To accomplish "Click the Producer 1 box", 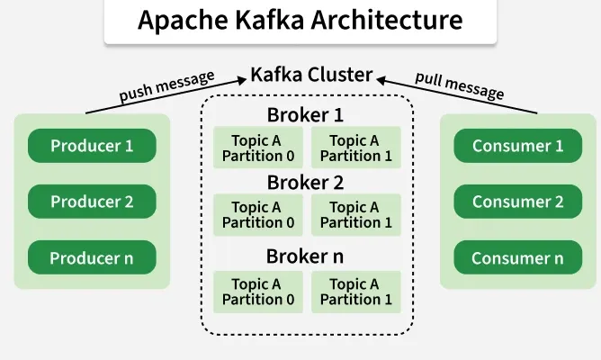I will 92,146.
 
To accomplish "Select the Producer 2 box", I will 92,202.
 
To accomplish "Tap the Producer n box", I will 92,258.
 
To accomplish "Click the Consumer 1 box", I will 517,146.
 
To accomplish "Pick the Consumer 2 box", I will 517,202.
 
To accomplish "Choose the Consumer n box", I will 517,258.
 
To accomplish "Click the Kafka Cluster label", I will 311,74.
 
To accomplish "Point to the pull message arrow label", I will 459,84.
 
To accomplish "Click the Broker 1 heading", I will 306,115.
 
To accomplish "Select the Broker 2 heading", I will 306,183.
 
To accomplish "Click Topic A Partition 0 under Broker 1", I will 258,148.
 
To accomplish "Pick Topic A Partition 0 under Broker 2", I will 258,215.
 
